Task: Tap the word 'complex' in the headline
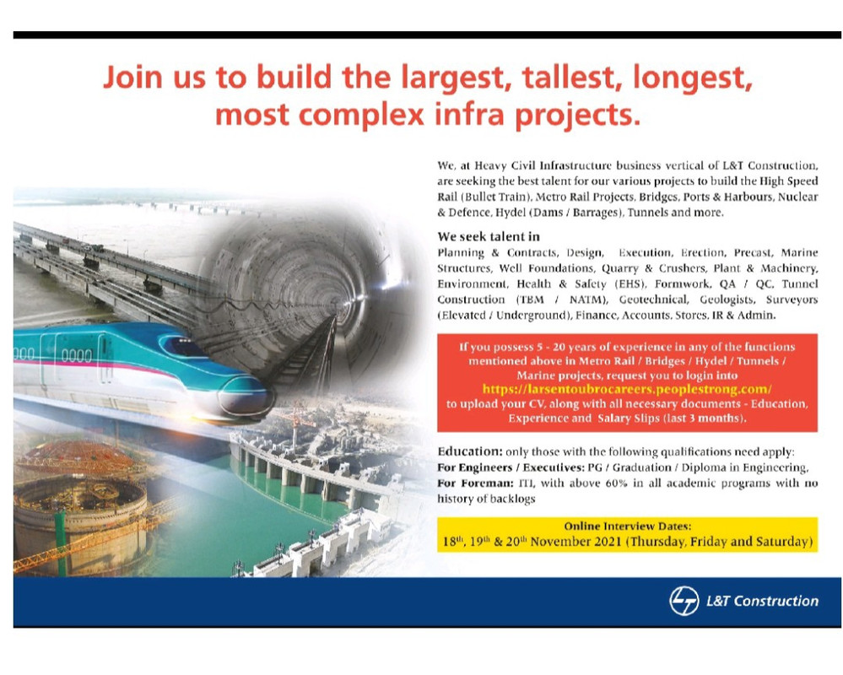tap(361, 116)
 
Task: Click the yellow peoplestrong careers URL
tap(627, 389)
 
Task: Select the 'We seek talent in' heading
tap(489, 236)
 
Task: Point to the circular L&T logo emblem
tap(684, 600)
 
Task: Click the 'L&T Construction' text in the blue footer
tap(762, 601)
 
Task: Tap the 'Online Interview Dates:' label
tap(628, 526)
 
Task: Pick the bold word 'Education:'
tap(470, 451)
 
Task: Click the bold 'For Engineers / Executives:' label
tap(511, 467)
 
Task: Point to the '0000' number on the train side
tap(77, 355)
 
